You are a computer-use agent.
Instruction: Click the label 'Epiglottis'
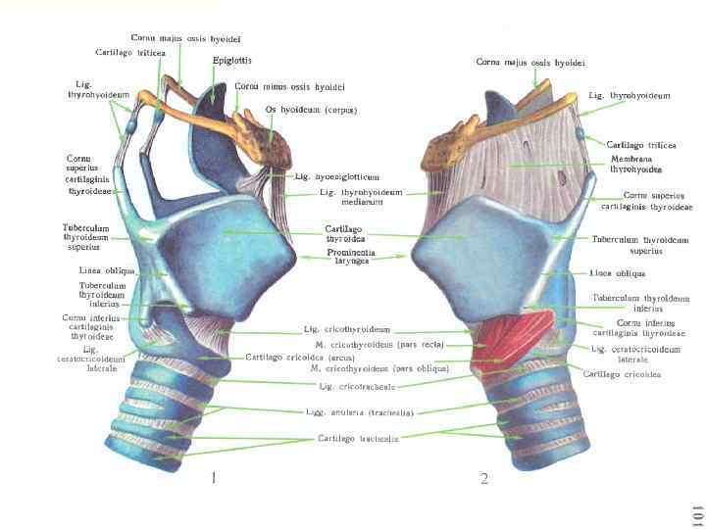[x=232, y=60]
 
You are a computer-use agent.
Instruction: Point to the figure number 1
[x=213, y=479]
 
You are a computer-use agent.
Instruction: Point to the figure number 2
[x=484, y=479]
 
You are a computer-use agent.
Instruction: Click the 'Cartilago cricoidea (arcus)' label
[x=305, y=357]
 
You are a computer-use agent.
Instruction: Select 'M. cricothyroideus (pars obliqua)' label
[x=372, y=369]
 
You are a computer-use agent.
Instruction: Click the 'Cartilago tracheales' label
[x=358, y=438]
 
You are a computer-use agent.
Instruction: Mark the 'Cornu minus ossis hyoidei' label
[x=290, y=86]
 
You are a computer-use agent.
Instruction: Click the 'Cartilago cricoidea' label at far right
[x=622, y=374]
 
